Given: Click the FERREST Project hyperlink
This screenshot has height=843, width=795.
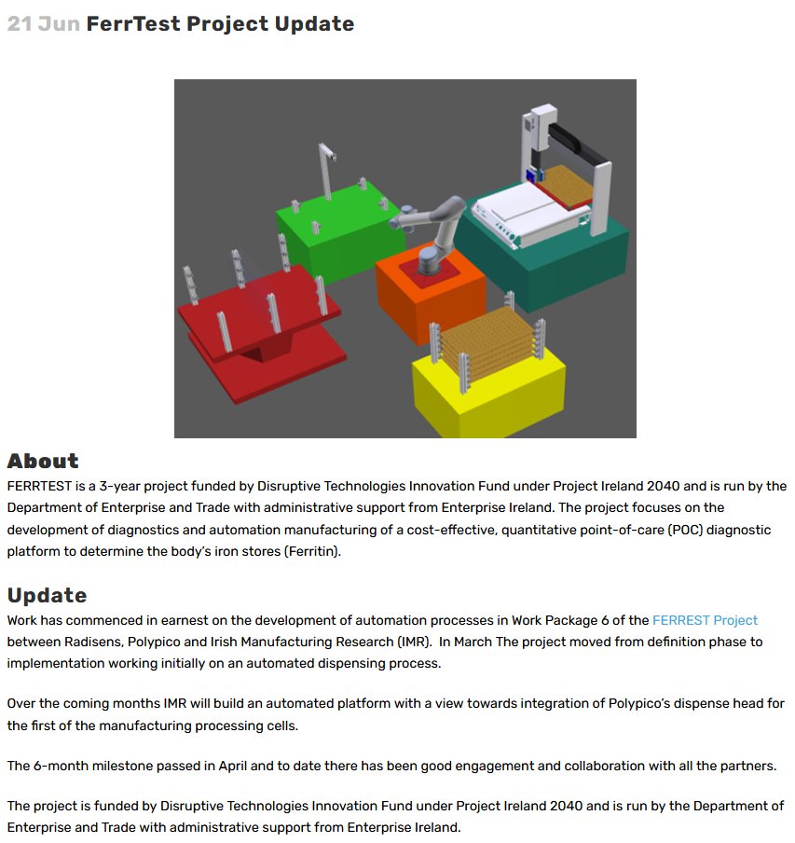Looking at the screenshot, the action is [x=705, y=620].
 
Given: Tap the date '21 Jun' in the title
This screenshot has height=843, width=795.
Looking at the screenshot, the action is [x=44, y=23].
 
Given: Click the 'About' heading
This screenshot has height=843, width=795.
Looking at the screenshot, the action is [x=43, y=461].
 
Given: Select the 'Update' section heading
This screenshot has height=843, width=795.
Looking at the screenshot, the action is [x=47, y=595].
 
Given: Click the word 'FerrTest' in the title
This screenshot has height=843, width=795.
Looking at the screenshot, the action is [x=133, y=23].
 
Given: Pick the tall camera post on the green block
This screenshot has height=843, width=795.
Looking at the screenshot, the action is [x=326, y=171].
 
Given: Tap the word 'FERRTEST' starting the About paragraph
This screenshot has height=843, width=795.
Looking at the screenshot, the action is [x=39, y=486].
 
